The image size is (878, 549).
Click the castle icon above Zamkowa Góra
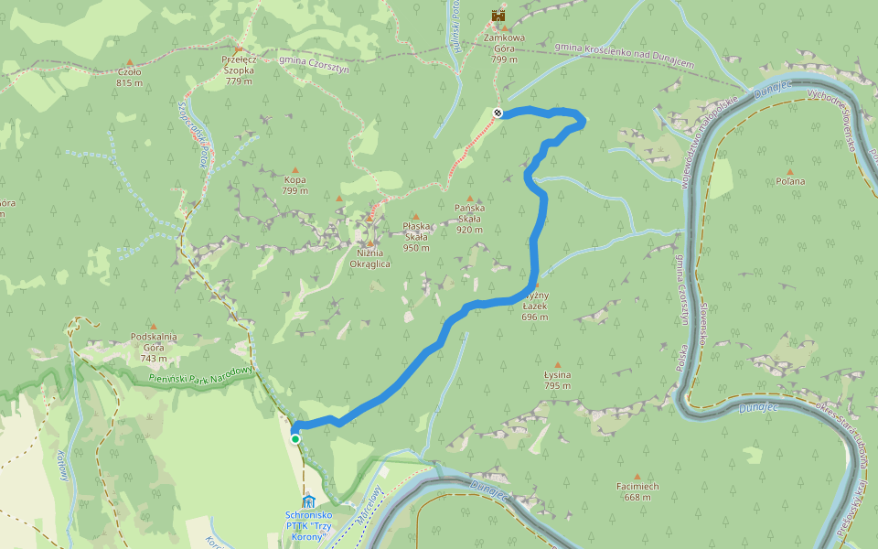(498, 16)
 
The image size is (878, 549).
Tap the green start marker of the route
(295, 439)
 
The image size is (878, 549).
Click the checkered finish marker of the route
(498, 113)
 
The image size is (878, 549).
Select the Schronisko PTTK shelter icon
(308, 501)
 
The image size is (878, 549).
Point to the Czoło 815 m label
(130, 77)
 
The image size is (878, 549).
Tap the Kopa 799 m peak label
(294, 186)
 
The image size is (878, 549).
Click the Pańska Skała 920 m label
(469, 219)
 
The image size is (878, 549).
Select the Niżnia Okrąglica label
(370, 258)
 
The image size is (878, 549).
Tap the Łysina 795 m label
(557, 380)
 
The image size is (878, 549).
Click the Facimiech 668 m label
(637, 492)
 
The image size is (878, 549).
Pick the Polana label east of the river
(790, 181)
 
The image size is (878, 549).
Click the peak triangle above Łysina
(557, 364)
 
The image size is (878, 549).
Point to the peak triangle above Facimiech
(637, 477)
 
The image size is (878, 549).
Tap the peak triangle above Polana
(790, 170)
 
